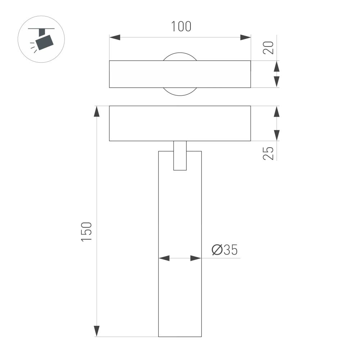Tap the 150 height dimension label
87,232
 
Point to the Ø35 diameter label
225,250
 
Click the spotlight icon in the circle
41,39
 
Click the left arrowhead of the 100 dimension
115,37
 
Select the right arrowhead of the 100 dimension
245,37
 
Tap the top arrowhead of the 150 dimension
96,112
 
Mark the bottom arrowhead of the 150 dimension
96,331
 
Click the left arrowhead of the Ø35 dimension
164,258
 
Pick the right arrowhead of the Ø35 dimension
196,258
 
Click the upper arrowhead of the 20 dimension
276,67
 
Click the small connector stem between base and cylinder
180,156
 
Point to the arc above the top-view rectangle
180,54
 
